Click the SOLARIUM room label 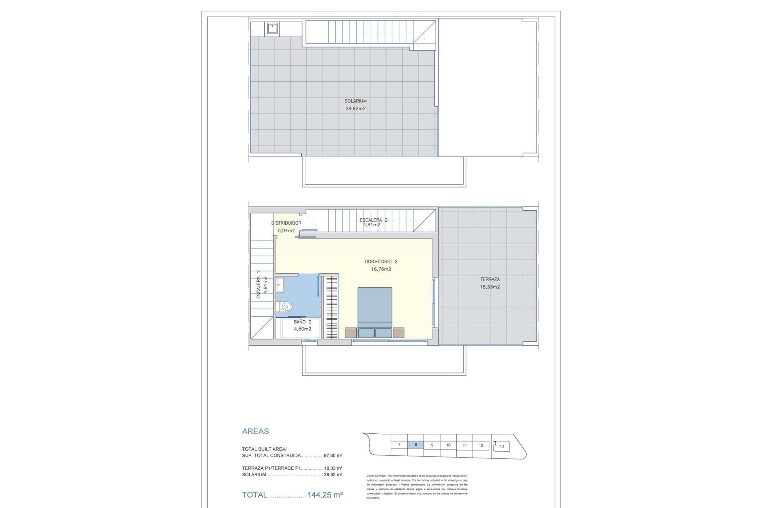tap(355, 101)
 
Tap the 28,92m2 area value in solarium tap(355, 108)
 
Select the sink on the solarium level tap(272, 29)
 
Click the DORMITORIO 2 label tap(381, 262)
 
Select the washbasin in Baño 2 tap(280, 285)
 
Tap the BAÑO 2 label tap(302, 322)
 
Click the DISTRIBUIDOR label tap(286, 223)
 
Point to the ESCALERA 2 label tap(373, 220)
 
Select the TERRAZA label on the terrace tap(490, 279)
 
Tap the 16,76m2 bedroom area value tap(381, 269)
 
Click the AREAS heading tap(256, 431)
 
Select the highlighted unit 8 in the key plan tap(416, 445)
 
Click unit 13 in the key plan tap(502, 446)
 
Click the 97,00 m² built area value tap(333, 456)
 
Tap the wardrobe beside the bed tap(331, 308)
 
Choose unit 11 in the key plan tap(465, 445)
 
